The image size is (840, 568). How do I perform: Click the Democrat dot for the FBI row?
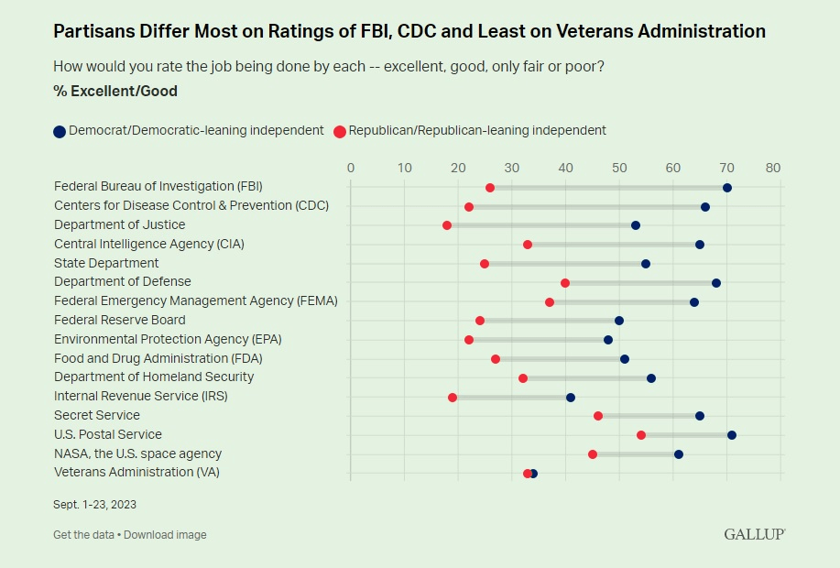(x=727, y=188)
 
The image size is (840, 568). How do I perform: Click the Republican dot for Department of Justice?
(x=447, y=225)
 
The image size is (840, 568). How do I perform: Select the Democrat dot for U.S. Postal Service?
(x=732, y=435)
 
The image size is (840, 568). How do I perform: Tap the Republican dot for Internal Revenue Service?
(x=453, y=398)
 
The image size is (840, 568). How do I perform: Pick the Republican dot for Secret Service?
(x=598, y=416)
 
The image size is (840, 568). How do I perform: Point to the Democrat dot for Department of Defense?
(x=716, y=283)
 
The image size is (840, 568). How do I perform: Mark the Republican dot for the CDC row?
(x=469, y=207)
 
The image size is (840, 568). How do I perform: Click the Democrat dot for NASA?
(x=679, y=454)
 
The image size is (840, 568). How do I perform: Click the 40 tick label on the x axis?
(x=566, y=168)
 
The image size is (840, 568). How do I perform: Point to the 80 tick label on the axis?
(x=773, y=168)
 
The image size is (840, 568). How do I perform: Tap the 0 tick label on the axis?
(x=351, y=168)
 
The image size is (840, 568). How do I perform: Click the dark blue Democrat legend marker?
(x=60, y=131)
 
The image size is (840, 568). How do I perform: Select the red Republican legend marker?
(x=340, y=131)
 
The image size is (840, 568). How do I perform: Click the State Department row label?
(x=106, y=263)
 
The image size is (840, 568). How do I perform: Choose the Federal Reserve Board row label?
(x=120, y=320)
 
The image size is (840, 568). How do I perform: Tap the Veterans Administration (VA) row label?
(x=136, y=473)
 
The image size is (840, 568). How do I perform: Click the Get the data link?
(x=84, y=535)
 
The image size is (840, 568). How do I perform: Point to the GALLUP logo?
(x=754, y=534)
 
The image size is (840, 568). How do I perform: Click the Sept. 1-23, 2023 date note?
(x=95, y=505)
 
